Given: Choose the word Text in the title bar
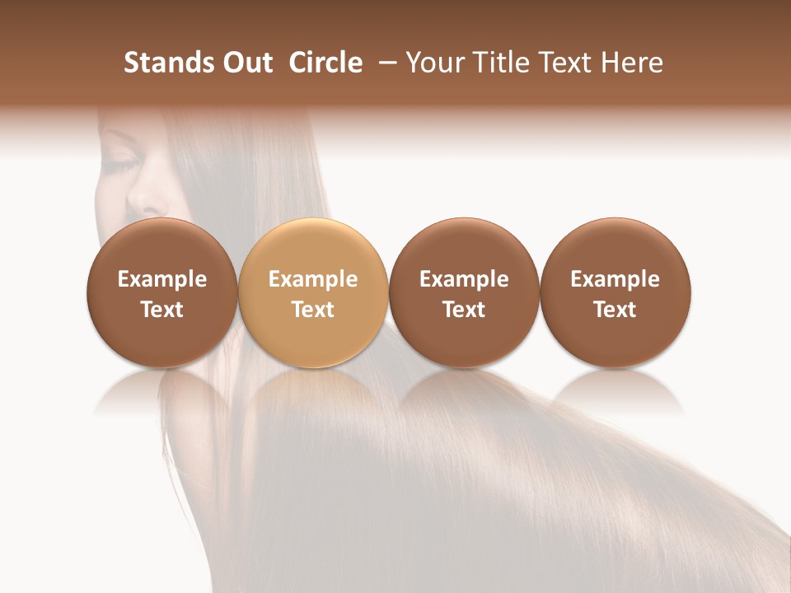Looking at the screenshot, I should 561,63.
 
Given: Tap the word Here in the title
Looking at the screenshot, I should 631,63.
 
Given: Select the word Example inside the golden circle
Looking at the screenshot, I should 313,279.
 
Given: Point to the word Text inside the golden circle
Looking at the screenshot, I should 313,310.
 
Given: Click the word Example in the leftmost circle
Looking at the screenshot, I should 162,279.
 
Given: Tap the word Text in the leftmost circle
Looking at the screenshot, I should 162,310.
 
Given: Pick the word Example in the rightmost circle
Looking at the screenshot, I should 615,279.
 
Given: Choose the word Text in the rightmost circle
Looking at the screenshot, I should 615,310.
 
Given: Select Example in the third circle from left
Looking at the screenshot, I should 464,279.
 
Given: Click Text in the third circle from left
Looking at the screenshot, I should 464,310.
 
